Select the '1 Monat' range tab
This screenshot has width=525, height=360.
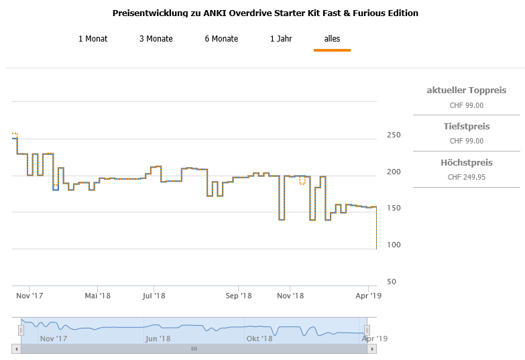tap(93, 39)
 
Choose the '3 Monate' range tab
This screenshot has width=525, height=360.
tap(156, 39)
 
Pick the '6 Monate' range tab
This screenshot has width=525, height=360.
tap(221, 39)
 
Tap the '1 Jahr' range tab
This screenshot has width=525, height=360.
tap(281, 39)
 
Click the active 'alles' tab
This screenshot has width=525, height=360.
tap(332, 39)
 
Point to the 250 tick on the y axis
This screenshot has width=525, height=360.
tap(393, 135)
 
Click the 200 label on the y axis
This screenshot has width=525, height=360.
tap(393, 172)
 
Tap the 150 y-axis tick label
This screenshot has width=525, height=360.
tap(393, 208)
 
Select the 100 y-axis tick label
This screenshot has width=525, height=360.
tap(393, 245)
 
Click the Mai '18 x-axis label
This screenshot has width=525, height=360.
tap(97, 295)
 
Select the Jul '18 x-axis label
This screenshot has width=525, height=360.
tap(154, 295)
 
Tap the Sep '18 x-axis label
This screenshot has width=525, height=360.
tap(239, 295)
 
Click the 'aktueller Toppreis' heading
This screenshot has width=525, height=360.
tap(467, 91)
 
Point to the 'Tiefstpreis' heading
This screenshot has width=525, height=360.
tap(467, 127)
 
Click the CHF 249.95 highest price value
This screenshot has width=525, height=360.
tap(467, 177)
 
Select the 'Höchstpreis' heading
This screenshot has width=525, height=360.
tap(467, 163)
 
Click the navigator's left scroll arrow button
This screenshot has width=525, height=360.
tap(16, 349)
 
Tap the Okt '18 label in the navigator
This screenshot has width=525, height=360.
tap(259, 339)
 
